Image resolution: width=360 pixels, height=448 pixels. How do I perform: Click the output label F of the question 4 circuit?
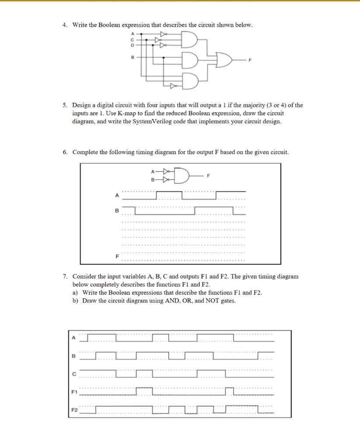tap(251, 62)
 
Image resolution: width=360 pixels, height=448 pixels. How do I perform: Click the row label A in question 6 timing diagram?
tap(116, 196)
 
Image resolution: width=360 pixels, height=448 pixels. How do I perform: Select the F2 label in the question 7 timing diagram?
tap(74, 410)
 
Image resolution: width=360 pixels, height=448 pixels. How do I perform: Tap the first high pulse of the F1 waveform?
tap(144, 388)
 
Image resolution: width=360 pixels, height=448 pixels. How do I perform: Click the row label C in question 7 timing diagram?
tap(74, 374)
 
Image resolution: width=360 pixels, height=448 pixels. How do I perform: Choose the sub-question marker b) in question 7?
tap(76, 301)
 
